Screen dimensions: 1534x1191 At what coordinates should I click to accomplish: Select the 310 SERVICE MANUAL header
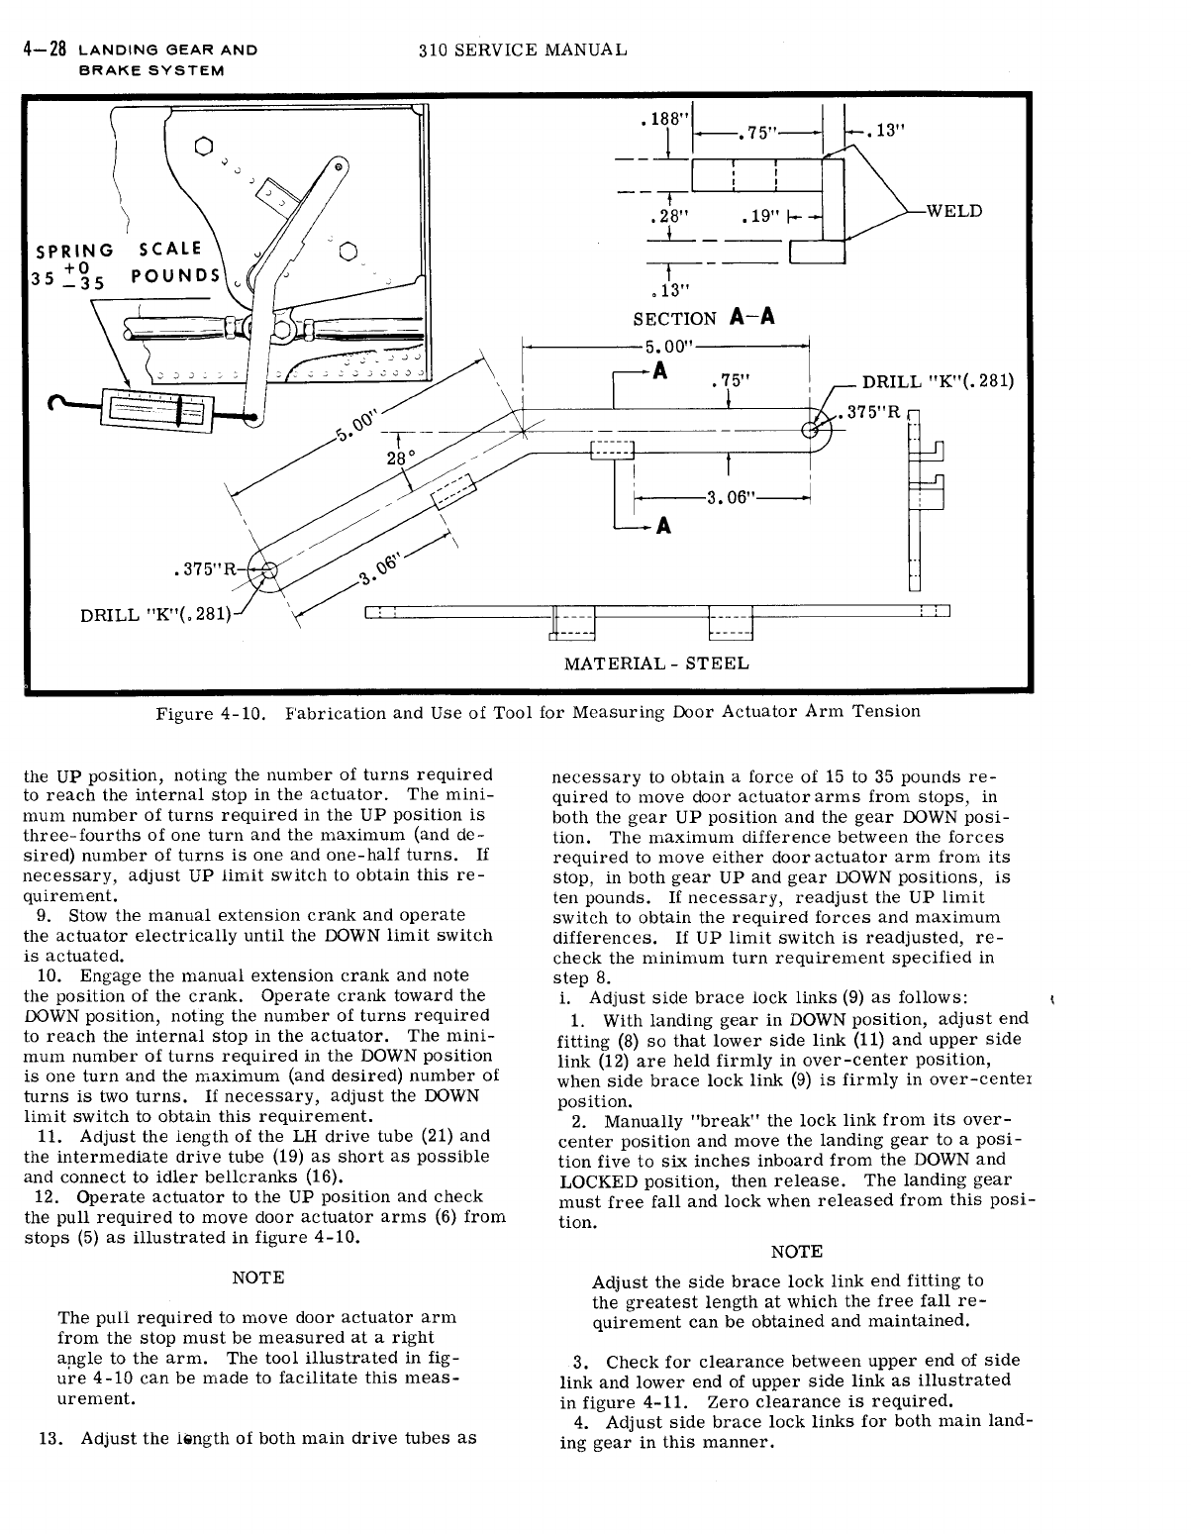[x=522, y=49]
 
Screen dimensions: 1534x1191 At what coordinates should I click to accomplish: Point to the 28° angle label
[x=399, y=457]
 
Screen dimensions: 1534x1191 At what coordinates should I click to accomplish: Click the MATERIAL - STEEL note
[x=656, y=663]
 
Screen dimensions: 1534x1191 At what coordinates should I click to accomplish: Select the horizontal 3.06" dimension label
[x=729, y=497]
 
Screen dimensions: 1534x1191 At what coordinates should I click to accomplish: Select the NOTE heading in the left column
[x=257, y=1278]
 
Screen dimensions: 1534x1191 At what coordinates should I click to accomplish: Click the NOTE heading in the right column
[x=796, y=1252]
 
